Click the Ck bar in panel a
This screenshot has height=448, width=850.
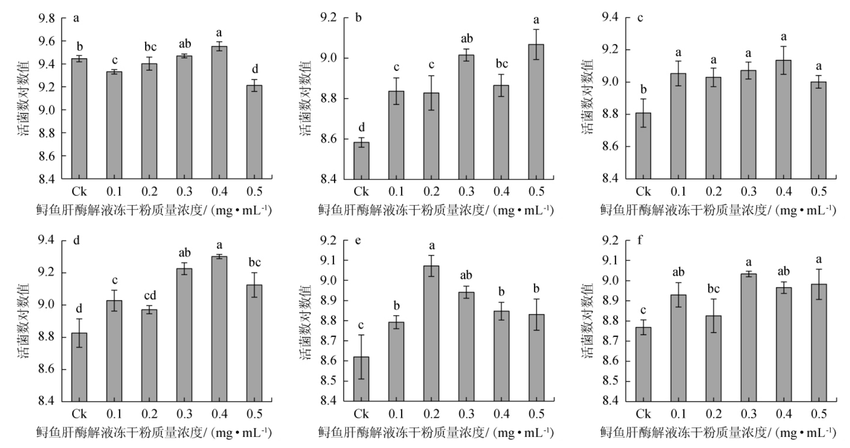tap(79, 119)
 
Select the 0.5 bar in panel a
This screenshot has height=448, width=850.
tap(254, 132)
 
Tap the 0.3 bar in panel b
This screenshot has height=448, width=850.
tap(466, 117)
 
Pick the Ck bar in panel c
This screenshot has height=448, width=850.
tap(643, 146)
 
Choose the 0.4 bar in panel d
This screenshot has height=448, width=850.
tap(219, 329)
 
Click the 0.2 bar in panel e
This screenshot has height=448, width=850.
tap(431, 333)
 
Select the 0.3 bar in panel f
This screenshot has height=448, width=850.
tap(748, 337)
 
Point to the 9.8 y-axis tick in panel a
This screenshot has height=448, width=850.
tap(46, 18)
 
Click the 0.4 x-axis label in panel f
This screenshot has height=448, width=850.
tap(783, 413)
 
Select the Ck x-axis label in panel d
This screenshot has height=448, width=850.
tap(79, 413)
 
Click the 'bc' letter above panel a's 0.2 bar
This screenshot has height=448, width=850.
tap(150, 47)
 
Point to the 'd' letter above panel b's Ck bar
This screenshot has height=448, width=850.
tap(362, 127)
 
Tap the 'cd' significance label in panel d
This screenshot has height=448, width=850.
tap(150, 296)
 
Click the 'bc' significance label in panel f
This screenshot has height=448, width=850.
tap(713, 289)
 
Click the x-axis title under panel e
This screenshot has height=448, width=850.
tap(436, 432)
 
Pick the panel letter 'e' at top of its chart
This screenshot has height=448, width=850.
tap(358, 240)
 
